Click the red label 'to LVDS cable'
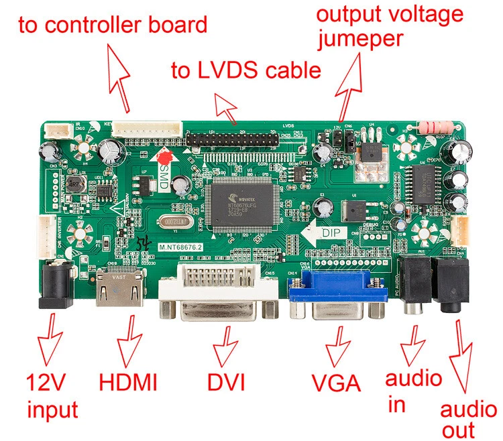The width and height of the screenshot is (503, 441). click(x=245, y=70)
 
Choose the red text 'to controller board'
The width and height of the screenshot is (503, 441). click(x=113, y=26)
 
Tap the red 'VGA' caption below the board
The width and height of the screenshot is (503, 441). click(x=336, y=383)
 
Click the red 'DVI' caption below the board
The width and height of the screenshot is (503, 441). click(x=225, y=382)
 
